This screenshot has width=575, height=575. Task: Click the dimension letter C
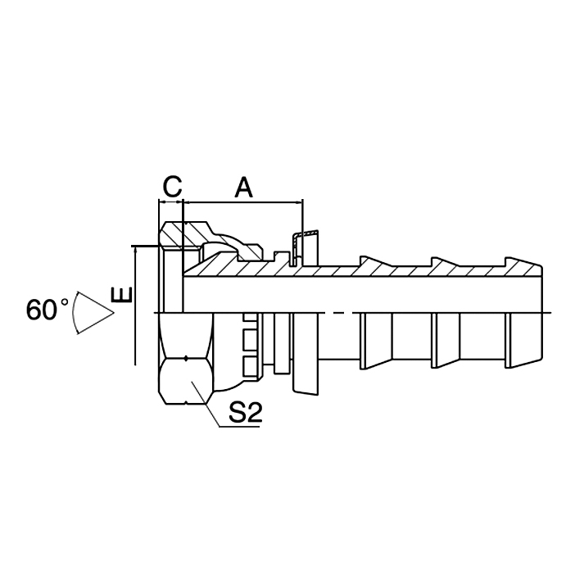point(170,187)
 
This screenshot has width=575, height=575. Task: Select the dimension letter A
point(243,188)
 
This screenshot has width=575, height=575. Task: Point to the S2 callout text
point(243,414)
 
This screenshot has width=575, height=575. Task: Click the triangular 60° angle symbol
point(92,312)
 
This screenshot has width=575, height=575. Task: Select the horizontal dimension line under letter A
point(243,201)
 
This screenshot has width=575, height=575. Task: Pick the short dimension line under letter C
point(170,201)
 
